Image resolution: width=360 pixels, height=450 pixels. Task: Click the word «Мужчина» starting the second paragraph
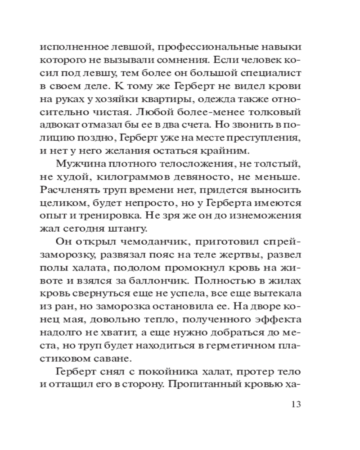click(77, 163)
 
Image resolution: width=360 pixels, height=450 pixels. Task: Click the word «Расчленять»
click(69, 189)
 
